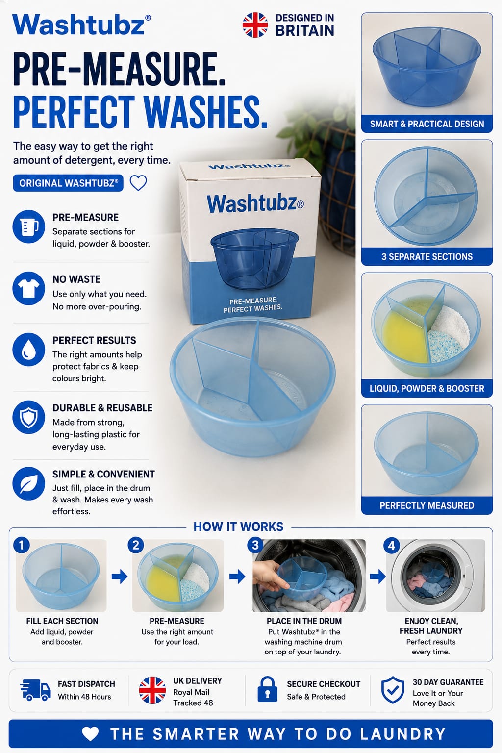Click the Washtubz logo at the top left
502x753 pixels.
[81, 25]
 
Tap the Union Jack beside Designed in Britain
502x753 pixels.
[255, 25]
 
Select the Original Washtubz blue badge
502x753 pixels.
[68, 183]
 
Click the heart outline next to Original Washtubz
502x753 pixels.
[138, 183]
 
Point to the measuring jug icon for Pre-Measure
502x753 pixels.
[28, 226]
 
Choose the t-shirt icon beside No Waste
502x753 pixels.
[28, 288]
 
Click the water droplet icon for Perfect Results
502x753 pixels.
[28, 350]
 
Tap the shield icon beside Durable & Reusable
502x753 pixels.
[28, 417]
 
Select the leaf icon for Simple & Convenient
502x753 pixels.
[28, 483]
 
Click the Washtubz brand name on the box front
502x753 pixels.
[255, 204]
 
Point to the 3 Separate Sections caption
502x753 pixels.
[427, 257]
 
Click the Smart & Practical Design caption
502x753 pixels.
[427, 124]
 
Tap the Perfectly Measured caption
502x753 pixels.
[427, 505]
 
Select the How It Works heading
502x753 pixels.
[238, 527]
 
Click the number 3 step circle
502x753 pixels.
[255, 545]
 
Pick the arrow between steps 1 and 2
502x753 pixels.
[119, 577]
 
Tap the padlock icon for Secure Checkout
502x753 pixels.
[267, 689]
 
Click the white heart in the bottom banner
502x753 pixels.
[90, 733]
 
